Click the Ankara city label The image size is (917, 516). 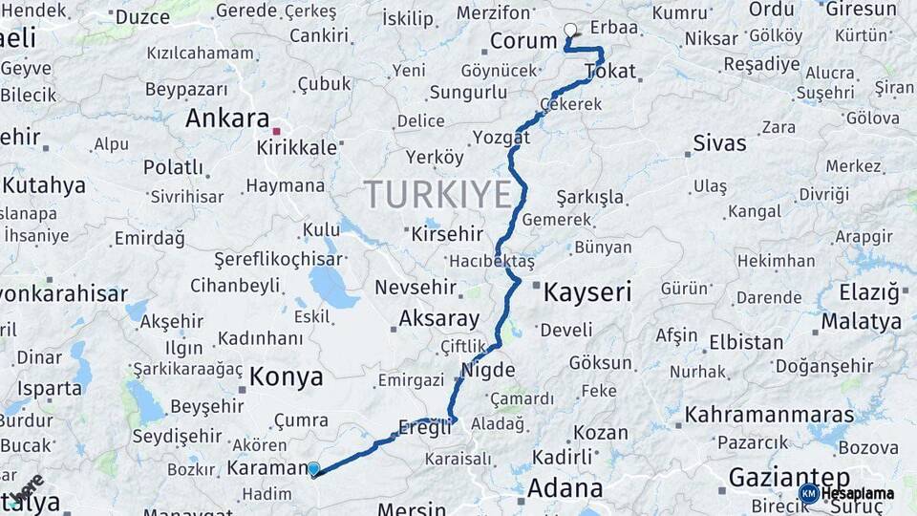point(227,118)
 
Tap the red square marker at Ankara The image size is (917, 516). point(276,131)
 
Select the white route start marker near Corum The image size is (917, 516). point(571,30)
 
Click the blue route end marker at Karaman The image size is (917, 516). point(313,468)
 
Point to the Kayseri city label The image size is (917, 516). point(587,292)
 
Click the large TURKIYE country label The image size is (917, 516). point(438,194)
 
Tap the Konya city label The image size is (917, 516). point(286,377)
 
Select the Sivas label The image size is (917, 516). point(718,143)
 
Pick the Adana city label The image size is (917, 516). point(565,488)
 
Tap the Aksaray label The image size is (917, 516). point(438,318)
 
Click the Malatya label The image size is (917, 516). point(862,321)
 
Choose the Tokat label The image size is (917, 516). point(609,72)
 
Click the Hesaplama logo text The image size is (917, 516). point(859,493)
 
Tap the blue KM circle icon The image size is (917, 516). point(808,493)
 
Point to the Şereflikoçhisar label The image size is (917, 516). point(277,259)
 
